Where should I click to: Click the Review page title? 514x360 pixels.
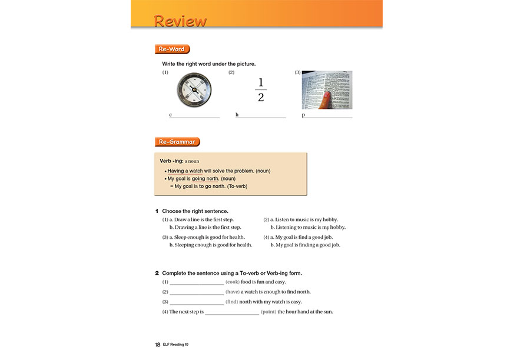coord(180,21)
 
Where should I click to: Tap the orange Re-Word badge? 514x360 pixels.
coord(172,49)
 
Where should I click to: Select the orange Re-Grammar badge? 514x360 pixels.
coord(177,142)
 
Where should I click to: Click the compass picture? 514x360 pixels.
coord(194,90)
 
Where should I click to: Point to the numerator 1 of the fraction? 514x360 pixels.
coord(261,82)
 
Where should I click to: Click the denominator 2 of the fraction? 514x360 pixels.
coord(261,98)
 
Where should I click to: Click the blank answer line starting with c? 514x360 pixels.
coord(195,116)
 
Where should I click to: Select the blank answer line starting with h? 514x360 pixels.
coord(262,116)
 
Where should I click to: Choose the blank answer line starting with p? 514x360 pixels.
coord(329,116)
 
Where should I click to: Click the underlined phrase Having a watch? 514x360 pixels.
coord(185,171)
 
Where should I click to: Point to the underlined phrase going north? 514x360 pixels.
coord(205,178)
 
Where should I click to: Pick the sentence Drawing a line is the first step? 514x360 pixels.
coord(205,227)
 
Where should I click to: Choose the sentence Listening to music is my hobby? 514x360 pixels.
coord(308,227)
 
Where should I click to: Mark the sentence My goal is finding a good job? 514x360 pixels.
coord(308,245)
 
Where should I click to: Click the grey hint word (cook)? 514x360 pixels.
coord(233,282)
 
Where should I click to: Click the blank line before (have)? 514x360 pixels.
coord(197,292)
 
